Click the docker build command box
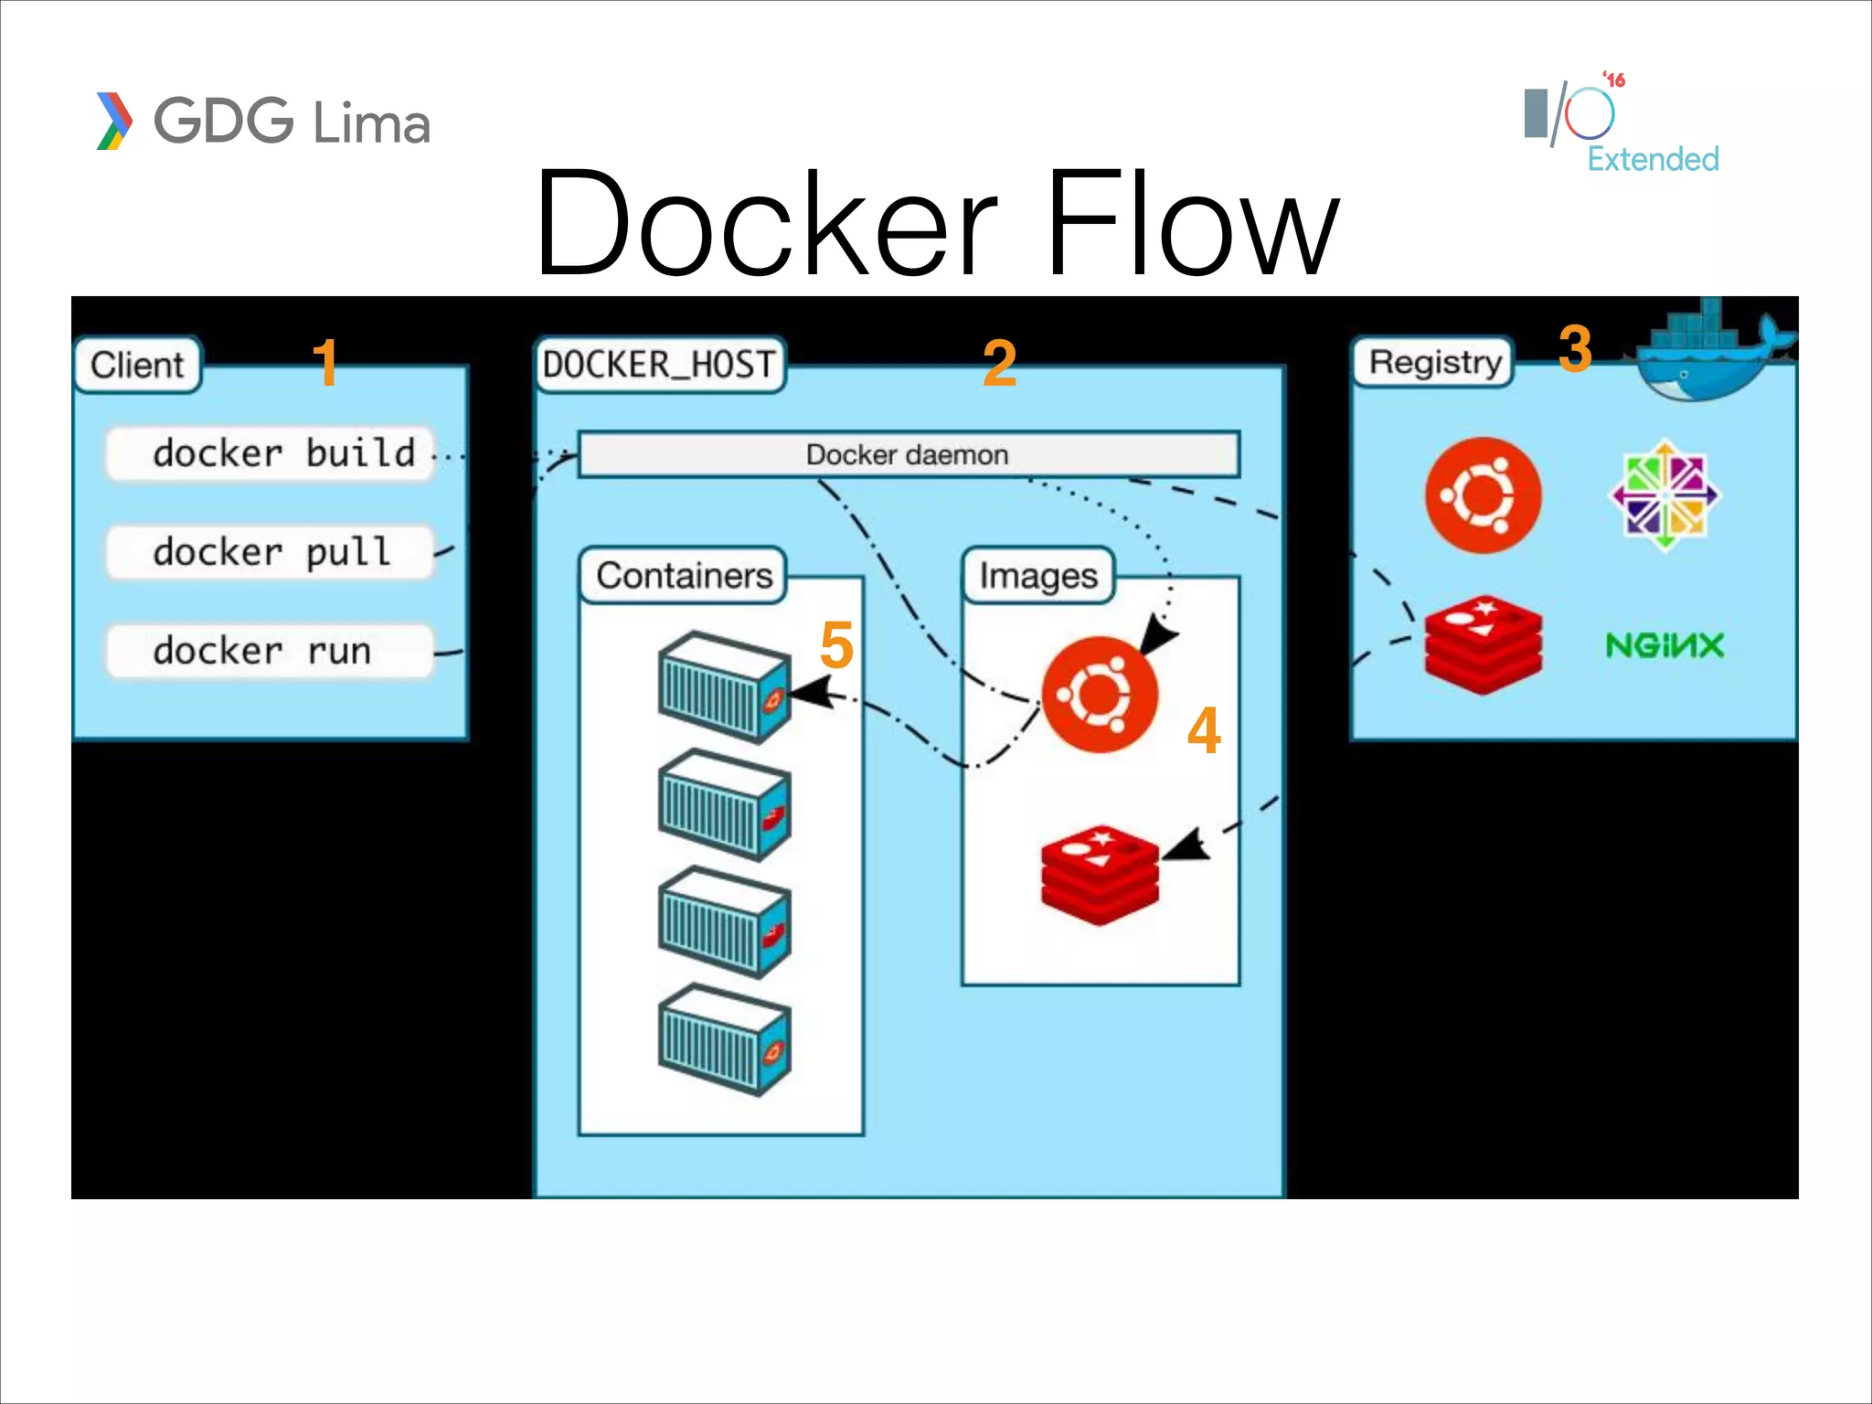tap(270, 453)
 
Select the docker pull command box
tap(270, 552)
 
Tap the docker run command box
tap(270, 651)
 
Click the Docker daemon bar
tap(909, 454)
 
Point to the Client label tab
tap(138, 365)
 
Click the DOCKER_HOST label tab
tap(659, 365)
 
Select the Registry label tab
tap(1433, 362)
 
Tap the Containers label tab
tap(684, 575)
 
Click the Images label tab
tap(1038, 575)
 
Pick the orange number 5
tap(836, 645)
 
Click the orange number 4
tap(1204, 731)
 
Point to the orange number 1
tap(325, 363)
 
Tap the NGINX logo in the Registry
tap(1665, 645)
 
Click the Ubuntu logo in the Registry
tap(1483, 495)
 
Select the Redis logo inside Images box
tap(1101, 874)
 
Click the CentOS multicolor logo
tap(1665, 495)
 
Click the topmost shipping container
tap(724, 686)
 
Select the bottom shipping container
tap(724, 1038)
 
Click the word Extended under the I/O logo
tap(1653, 159)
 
